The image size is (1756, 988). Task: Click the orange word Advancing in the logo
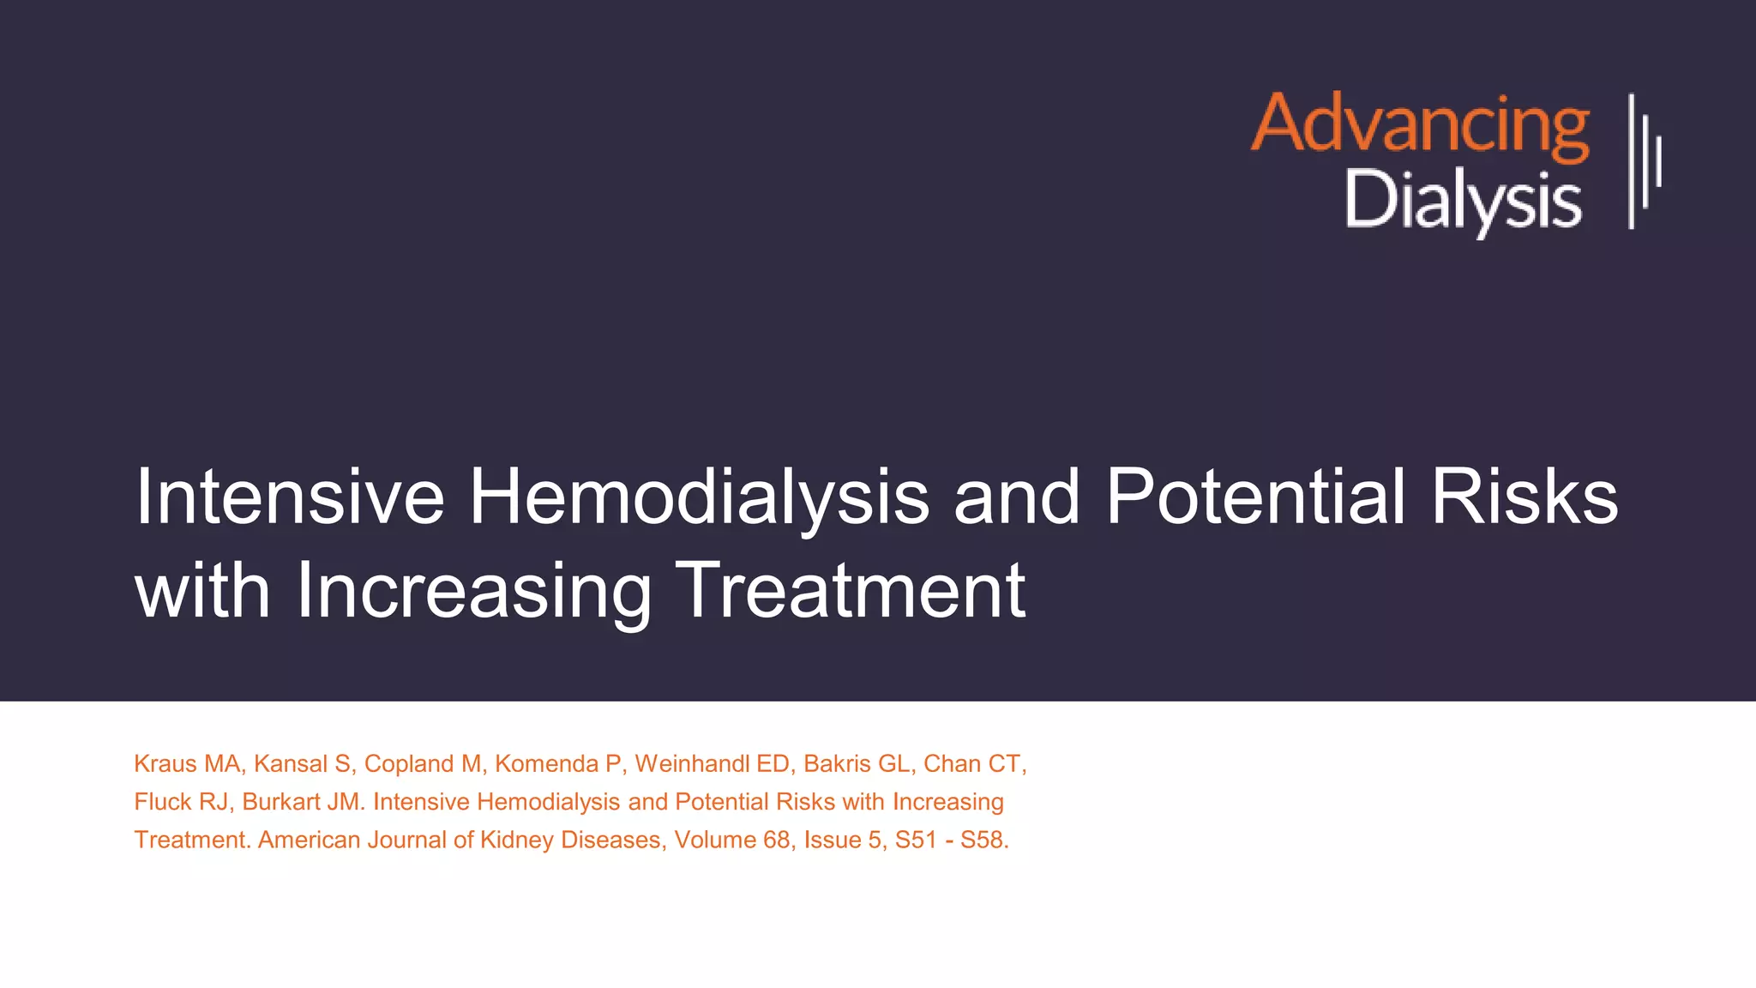(1420, 125)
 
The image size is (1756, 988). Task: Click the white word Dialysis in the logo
(1463, 200)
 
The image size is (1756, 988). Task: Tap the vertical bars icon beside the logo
(1645, 161)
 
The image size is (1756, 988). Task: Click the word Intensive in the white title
(290, 497)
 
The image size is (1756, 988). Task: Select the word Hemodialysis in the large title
(699, 497)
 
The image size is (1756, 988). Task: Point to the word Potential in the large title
(1255, 497)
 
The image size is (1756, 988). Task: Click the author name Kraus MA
(187, 763)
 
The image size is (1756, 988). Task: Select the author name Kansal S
(302, 763)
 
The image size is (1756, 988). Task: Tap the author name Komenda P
(557, 763)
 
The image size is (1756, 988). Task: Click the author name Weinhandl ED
(711, 763)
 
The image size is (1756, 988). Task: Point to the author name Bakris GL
(856, 763)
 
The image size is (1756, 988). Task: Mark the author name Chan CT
(972, 763)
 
